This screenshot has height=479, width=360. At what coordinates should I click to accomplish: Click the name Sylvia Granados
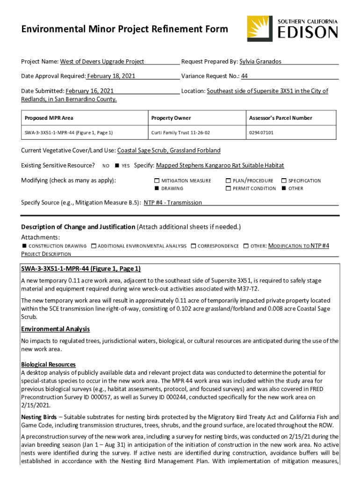pos(260,61)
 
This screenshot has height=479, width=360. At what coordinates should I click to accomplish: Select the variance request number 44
pos(245,76)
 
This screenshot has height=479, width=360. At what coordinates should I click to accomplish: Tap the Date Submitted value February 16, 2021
pos(90,91)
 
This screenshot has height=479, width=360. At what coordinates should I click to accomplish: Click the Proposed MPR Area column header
pos(49,118)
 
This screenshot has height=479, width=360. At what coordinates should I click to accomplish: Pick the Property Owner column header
pos(171,118)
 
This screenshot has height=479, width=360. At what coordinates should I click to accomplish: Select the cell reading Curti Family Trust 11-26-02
pos(180,133)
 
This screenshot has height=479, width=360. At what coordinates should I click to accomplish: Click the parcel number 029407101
pos(261,133)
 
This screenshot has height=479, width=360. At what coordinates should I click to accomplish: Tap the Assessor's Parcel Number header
pos(281,118)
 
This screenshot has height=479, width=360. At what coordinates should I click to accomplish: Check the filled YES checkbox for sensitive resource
pos(117,166)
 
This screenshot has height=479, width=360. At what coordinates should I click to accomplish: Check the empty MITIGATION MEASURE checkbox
pos(157,181)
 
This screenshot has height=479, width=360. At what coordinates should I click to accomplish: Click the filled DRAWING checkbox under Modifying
pos(157,189)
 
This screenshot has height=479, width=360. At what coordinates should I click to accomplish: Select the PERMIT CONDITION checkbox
pos(229,189)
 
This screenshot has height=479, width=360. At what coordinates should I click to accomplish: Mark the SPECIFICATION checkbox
pos(284,181)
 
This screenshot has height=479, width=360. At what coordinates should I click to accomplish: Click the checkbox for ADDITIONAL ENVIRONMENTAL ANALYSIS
pos(94,246)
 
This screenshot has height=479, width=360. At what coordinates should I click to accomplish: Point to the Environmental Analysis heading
pos(56,329)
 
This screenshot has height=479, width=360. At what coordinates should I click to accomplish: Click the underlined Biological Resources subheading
pos(49,364)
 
